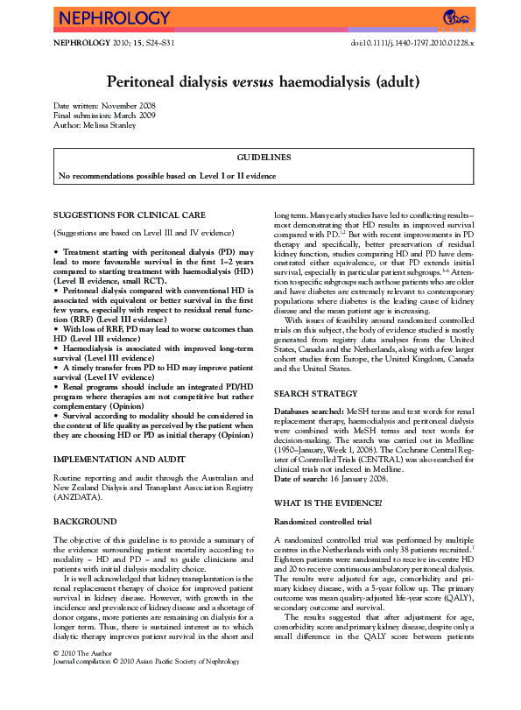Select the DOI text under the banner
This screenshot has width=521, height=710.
[x=412, y=42]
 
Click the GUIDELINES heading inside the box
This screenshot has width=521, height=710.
[x=261, y=158]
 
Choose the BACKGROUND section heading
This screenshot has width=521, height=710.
[x=85, y=521]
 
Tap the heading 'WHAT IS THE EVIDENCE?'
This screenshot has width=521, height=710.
[x=327, y=503]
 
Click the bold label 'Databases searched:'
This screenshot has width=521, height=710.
[x=308, y=411]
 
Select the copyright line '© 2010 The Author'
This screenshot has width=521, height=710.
[x=85, y=678]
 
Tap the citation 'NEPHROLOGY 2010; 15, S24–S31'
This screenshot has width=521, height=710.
[x=114, y=42]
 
